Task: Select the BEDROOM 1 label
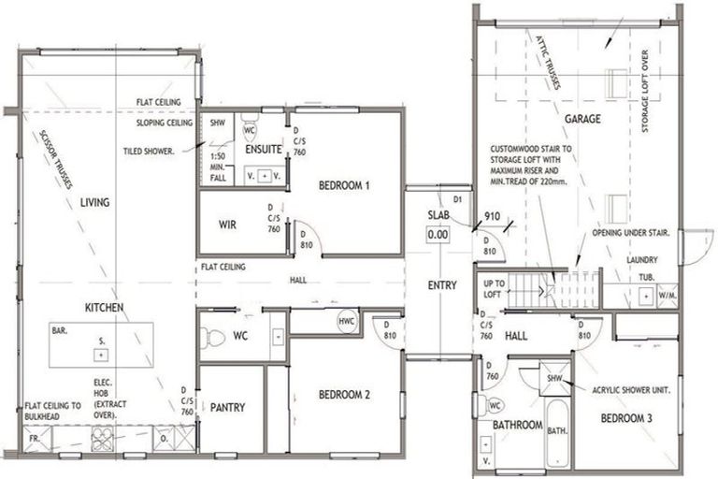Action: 345,185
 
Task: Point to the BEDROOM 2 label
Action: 343,395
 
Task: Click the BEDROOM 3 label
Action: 625,418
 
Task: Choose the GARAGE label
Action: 582,119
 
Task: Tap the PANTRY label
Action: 227,407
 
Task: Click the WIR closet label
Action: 228,225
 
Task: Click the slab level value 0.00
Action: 438,235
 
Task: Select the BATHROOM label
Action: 518,426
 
